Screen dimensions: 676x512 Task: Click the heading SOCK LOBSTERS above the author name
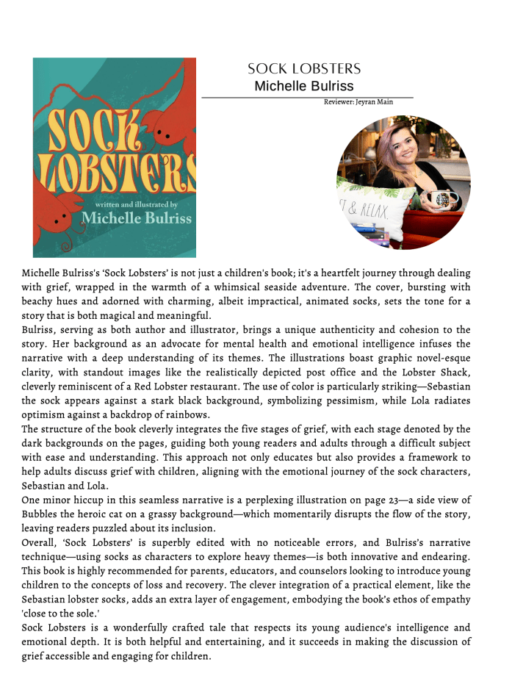(x=304, y=69)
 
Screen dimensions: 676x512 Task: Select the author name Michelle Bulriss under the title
(x=303, y=86)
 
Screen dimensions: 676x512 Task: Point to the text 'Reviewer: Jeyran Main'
(x=358, y=102)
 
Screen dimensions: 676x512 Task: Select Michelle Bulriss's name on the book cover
(x=137, y=218)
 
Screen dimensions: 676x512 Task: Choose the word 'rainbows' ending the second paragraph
(x=189, y=414)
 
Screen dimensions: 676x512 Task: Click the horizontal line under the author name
(x=307, y=97)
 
